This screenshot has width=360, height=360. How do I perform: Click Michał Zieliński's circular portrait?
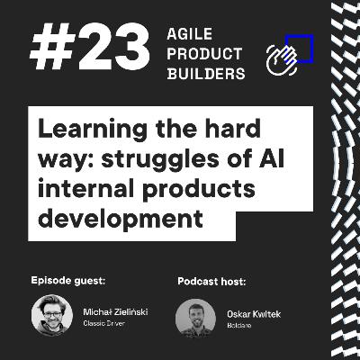[52, 315]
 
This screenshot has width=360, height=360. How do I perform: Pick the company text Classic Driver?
[103, 323]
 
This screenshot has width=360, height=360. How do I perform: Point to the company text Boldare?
[238, 323]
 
